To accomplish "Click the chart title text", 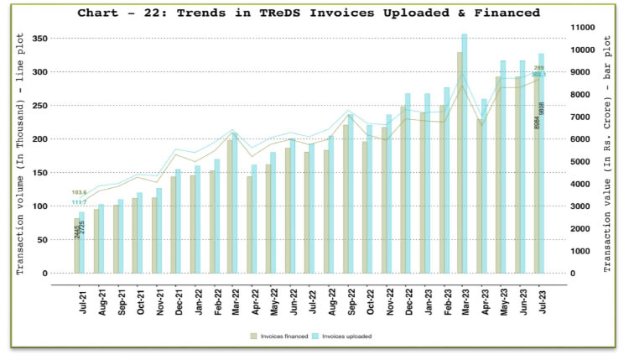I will click(309, 13).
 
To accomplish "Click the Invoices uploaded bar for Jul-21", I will click(81, 243).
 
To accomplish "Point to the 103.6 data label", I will click(81, 193).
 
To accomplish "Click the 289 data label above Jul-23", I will click(539, 66).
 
